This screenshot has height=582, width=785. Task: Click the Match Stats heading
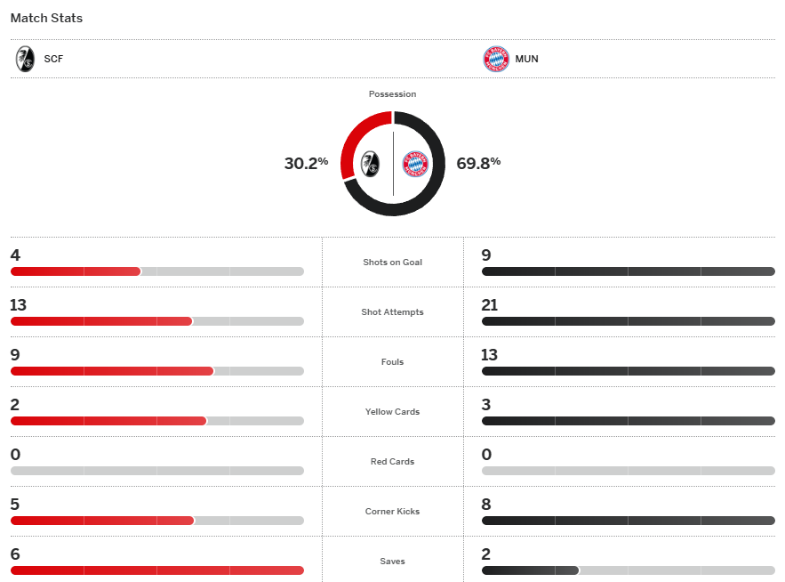pyautogui.click(x=46, y=18)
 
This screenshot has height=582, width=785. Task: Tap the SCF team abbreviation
pyautogui.click(x=53, y=60)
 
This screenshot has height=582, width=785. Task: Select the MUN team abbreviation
pyautogui.click(x=526, y=60)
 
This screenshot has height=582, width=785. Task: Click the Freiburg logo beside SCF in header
pyautogui.click(x=25, y=60)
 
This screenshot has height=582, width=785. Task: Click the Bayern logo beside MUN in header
pyautogui.click(x=495, y=60)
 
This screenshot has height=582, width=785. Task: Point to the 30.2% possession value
pyautogui.click(x=306, y=163)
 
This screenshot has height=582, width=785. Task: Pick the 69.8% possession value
pyautogui.click(x=478, y=163)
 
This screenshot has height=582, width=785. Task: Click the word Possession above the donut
pyautogui.click(x=392, y=93)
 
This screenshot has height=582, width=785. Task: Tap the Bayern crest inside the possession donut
pyautogui.click(x=415, y=164)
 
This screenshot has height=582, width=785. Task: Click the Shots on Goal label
pyautogui.click(x=392, y=263)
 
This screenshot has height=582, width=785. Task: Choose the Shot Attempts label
pyautogui.click(x=392, y=312)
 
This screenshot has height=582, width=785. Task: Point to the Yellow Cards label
pyautogui.click(x=392, y=412)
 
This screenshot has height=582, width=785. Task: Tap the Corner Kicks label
pyautogui.click(x=392, y=512)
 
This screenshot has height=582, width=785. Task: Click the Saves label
pyautogui.click(x=392, y=562)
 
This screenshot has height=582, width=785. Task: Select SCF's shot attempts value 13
pyautogui.click(x=19, y=305)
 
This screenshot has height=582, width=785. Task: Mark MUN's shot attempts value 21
pyautogui.click(x=490, y=305)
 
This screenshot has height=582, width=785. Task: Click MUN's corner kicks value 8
pyautogui.click(x=486, y=505)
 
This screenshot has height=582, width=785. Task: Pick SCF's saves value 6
pyautogui.click(x=15, y=554)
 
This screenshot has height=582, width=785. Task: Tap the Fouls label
pyautogui.click(x=392, y=362)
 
